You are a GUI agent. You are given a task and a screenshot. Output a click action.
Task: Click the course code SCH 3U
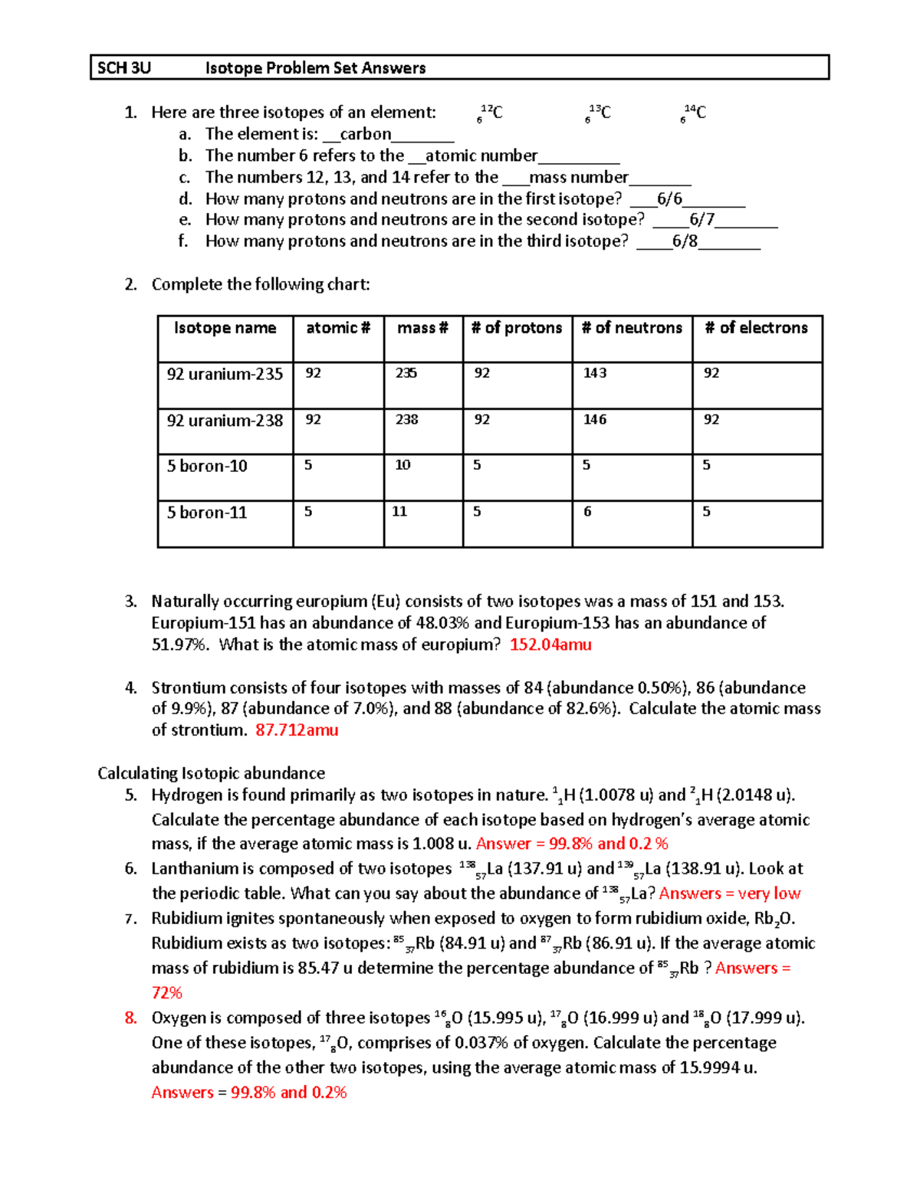coord(124,68)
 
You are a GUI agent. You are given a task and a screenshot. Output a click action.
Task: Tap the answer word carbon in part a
coord(365,134)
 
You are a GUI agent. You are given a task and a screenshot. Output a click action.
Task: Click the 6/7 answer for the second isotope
coord(701,220)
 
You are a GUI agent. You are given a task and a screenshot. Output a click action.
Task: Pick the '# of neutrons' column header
coord(632,328)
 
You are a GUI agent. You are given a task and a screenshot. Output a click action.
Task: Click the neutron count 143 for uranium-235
coord(595,373)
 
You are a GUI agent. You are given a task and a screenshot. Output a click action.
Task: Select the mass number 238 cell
coord(407,420)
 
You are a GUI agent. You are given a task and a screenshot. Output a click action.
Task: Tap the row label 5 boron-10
coord(207,466)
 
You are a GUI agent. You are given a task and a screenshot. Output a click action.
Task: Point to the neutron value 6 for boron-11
coord(587,512)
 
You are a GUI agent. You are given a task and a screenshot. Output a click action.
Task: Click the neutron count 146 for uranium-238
coord(595,420)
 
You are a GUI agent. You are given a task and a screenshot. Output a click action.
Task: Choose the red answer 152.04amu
coord(550,645)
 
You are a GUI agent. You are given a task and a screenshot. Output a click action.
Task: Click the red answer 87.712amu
coord(297,730)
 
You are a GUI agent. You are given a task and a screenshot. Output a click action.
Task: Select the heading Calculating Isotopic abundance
coord(211,773)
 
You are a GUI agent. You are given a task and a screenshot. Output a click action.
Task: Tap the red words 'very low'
coord(769,893)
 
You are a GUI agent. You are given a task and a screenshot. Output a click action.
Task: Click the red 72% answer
coord(166,993)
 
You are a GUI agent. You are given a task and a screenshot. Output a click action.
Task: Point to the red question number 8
coord(131,1018)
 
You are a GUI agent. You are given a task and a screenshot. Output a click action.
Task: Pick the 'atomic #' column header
coord(338,328)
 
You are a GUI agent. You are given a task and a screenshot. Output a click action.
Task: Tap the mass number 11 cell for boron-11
coord(399,512)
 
